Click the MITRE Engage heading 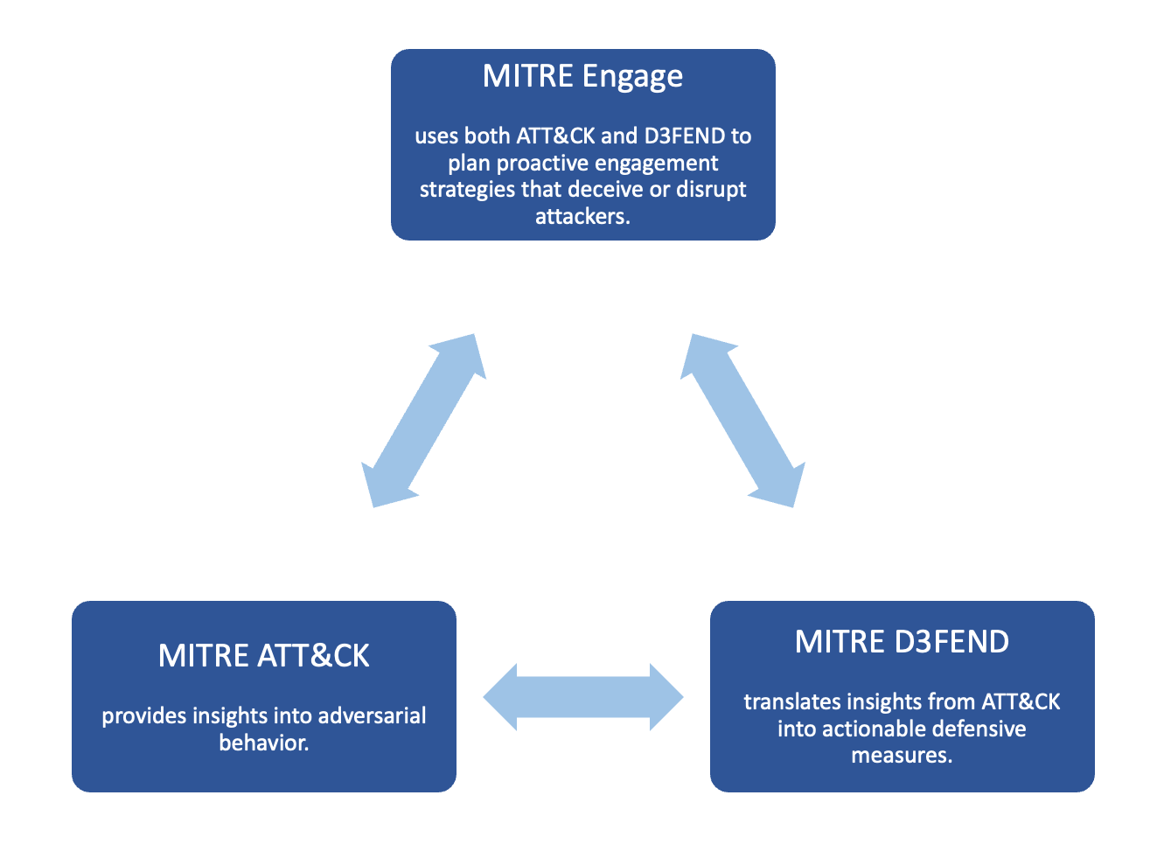tap(582, 77)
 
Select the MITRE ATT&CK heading tap(263, 656)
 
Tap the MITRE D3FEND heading tap(902, 642)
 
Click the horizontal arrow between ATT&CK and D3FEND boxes tap(583, 697)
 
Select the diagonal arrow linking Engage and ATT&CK tap(423, 421)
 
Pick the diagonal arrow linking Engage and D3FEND tap(742, 421)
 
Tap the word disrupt tap(711, 190)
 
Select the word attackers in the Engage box tap(582, 217)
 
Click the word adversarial tap(372, 716)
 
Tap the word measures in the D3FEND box tap(902, 756)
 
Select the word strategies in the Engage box tap(467, 190)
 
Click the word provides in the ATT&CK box tap(143, 716)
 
